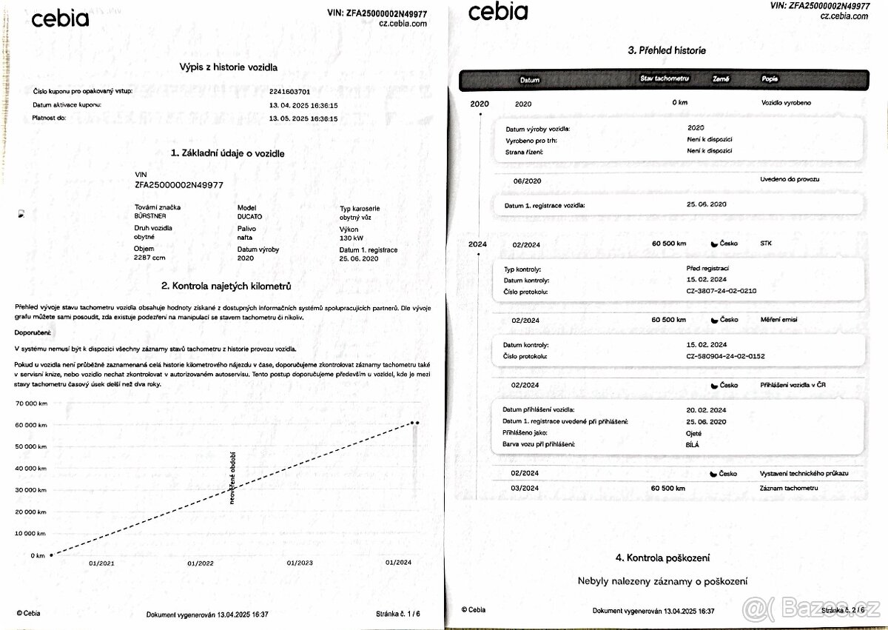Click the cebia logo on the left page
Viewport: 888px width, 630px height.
point(60,19)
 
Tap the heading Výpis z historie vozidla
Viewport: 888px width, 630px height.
point(229,67)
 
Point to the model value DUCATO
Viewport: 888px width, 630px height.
point(249,216)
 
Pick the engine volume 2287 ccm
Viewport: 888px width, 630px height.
point(151,258)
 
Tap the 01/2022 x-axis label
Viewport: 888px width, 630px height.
point(200,563)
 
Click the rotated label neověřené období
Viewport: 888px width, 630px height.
point(233,478)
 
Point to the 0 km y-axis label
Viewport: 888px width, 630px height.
point(38,555)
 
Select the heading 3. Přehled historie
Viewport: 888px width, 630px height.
point(666,50)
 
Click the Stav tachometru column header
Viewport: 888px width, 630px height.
point(665,78)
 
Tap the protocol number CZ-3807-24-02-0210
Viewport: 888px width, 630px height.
point(721,291)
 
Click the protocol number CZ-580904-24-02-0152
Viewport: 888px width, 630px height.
point(725,356)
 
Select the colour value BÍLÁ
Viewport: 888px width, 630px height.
point(693,444)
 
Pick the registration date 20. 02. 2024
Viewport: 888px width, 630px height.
point(707,409)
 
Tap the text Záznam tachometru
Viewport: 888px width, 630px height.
point(789,489)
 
